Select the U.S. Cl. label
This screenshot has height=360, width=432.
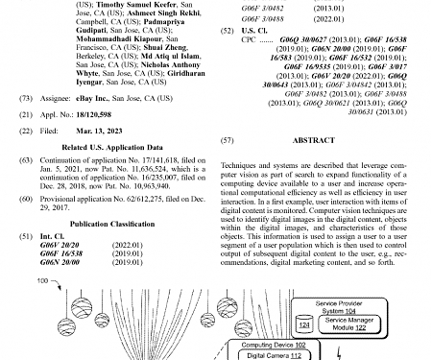pyautogui.click(x=257, y=31)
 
